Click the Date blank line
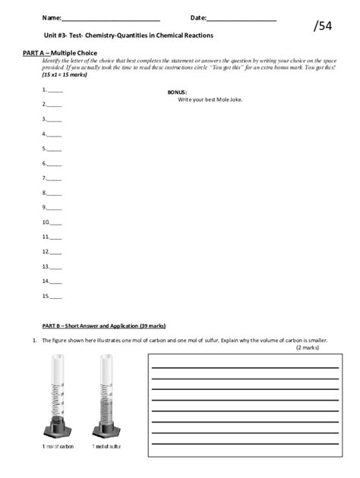pos(241,18)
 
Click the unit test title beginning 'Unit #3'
pos(128,36)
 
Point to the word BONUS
pos(177,93)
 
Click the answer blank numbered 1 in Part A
pos(54,90)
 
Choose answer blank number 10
pos(54,222)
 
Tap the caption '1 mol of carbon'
pos(58,446)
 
